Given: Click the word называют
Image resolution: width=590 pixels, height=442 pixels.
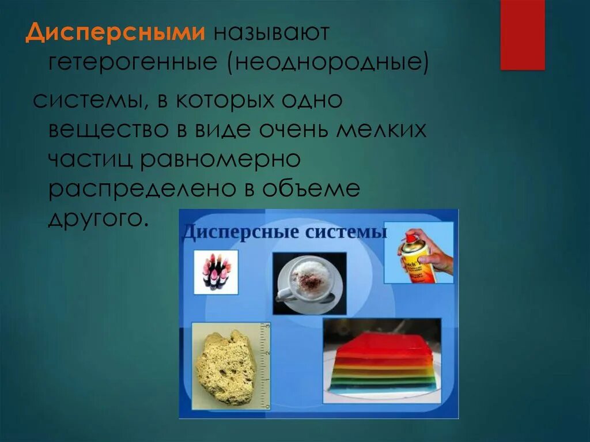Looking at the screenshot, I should [x=272, y=33].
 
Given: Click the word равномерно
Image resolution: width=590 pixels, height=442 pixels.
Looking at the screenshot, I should [x=218, y=159].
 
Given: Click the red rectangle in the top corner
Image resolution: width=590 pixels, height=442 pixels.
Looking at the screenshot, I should [x=522, y=35].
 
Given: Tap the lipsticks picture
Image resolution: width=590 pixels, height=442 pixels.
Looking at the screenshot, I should [x=215, y=272].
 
